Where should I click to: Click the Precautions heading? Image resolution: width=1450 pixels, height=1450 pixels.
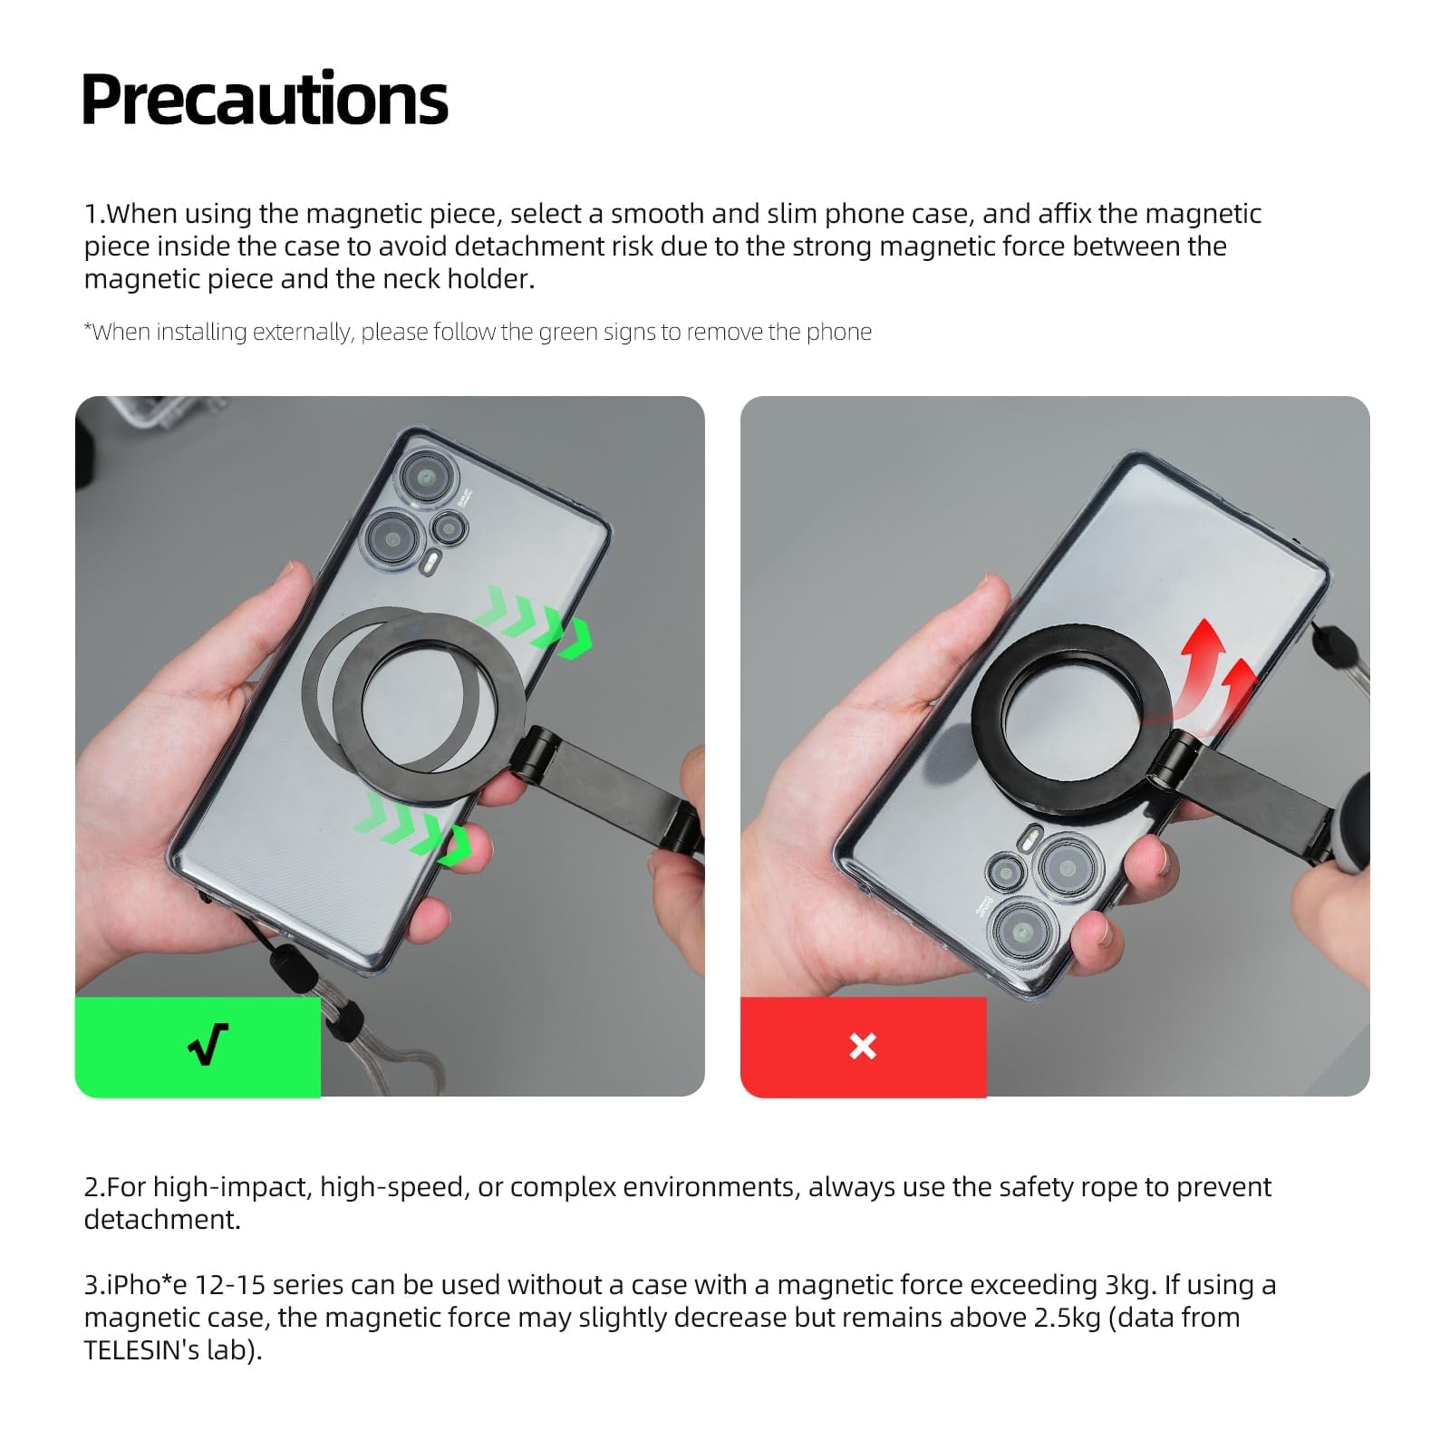point(265,99)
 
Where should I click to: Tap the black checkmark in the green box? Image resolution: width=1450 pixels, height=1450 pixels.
point(208,1045)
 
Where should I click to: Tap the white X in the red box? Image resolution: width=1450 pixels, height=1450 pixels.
point(863,1046)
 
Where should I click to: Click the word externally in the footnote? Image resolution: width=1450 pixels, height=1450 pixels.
point(300,332)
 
